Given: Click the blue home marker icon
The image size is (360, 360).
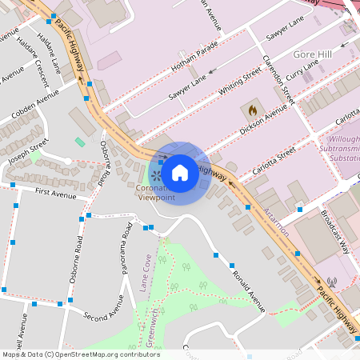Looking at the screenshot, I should [x=180, y=172].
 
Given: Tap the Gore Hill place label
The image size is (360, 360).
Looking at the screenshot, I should [x=311, y=54].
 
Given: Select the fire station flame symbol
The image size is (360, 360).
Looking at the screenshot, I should [x=253, y=109].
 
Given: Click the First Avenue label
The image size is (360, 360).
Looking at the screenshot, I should [x=55, y=193].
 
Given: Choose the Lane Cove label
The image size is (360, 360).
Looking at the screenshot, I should [x=146, y=273].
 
